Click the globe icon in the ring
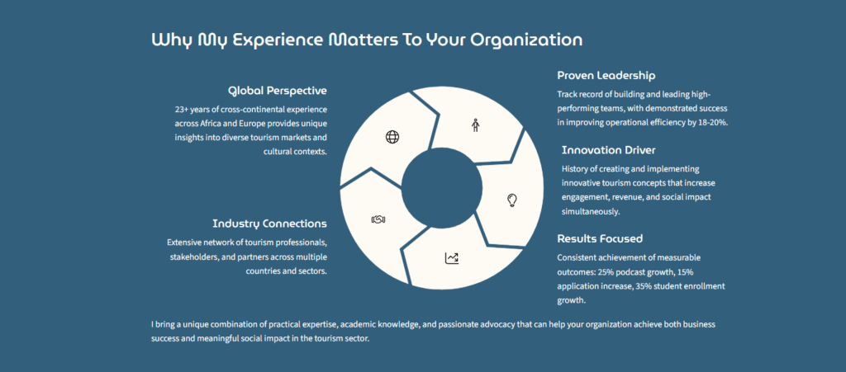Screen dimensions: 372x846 [x=392, y=137]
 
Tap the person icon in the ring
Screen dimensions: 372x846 [x=475, y=125]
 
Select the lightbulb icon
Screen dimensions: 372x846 [x=511, y=200]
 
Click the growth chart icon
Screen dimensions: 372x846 [x=452, y=258]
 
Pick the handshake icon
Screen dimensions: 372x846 [x=379, y=219]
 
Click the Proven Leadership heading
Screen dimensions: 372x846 [x=606, y=76]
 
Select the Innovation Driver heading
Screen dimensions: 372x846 [x=608, y=150]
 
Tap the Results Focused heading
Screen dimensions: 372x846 [x=600, y=238]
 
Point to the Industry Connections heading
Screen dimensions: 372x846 [x=269, y=224]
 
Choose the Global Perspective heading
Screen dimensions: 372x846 [x=278, y=91]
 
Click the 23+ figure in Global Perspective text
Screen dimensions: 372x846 [x=183, y=110]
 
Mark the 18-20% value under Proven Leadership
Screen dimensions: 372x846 [x=715, y=122]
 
